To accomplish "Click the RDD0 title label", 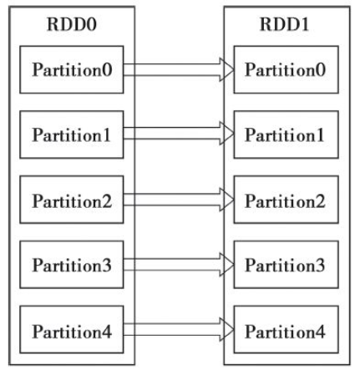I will pyautogui.click(x=71, y=24).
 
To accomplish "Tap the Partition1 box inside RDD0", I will pyautogui.click(x=71, y=134).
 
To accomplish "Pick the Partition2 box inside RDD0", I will pyautogui.click(x=71, y=201).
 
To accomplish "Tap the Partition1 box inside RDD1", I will pyautogui.click(x=286, y=134).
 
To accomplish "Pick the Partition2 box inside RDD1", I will pyautogui.click(x=286, y=201).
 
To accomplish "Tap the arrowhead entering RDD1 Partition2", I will pyautogui.click(x=225, y=201).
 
